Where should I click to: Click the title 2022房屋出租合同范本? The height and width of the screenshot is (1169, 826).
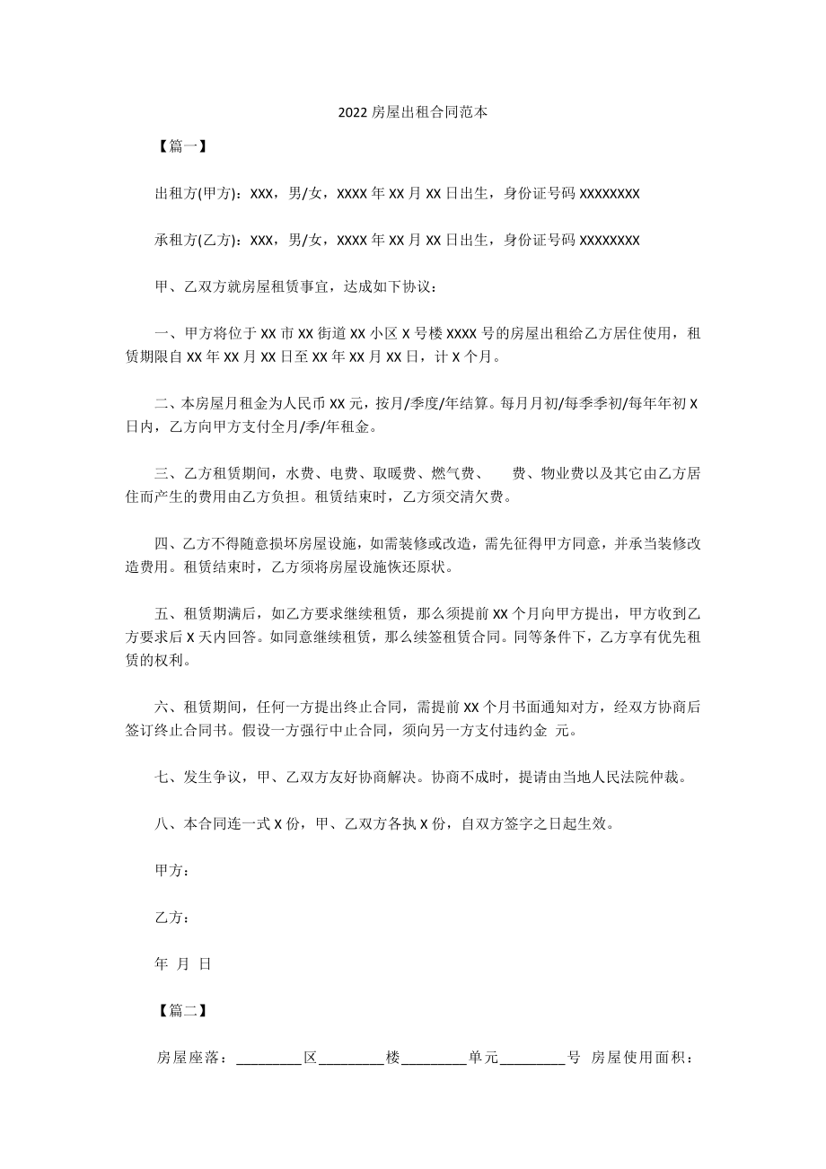pos(413,114)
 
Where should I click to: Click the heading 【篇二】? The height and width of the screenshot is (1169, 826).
pos(182,1010)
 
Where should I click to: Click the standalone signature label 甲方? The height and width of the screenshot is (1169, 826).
pos(171,870)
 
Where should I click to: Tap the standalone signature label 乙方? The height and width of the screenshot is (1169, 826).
pos(171,917)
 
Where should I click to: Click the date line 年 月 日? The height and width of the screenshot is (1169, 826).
pos(183,963)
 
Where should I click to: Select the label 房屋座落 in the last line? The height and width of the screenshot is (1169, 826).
pos(189,1058)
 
